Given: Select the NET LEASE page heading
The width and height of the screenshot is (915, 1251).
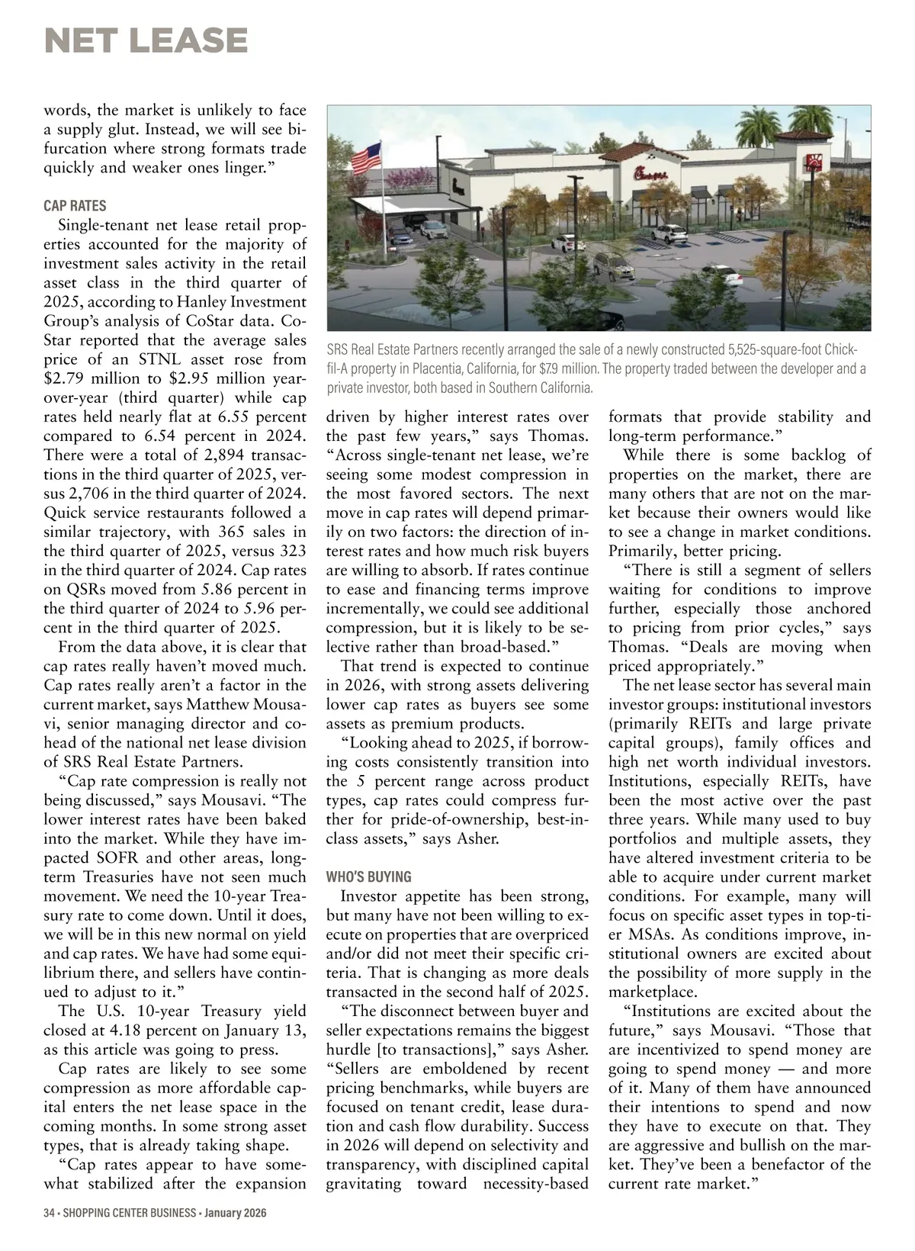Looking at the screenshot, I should (146, 40).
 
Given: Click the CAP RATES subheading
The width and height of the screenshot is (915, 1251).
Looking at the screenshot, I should (75, 206).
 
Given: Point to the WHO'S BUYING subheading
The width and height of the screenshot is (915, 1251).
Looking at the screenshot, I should (368, 877).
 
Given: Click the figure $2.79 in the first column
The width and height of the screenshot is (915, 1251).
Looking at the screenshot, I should (65, 378).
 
